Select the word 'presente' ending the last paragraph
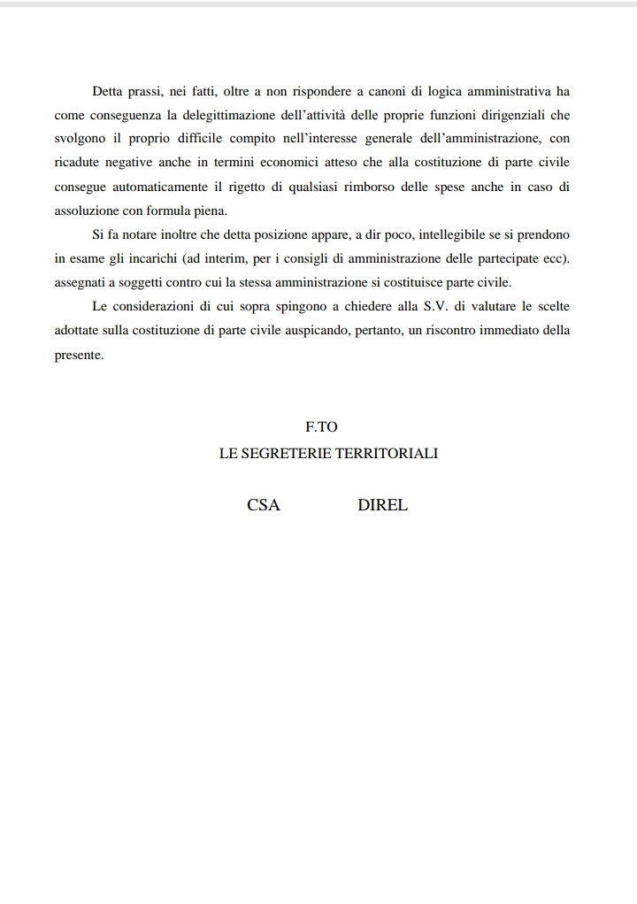click(x=79, y=354)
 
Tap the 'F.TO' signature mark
click(x=322, y=426)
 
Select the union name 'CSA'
click(x=264, y=506)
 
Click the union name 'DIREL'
click(x=383, y=506)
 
